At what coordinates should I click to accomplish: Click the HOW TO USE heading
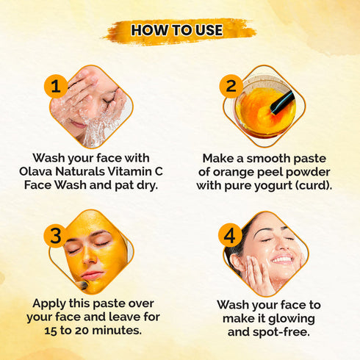click(179, 31)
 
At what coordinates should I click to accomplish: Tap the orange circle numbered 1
click(56, 85)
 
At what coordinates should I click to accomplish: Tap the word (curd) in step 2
click(313, 185)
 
